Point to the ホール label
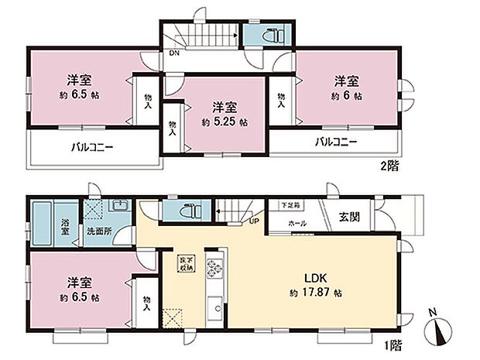297,224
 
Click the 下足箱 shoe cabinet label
288,205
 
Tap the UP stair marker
253,221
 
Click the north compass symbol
441,333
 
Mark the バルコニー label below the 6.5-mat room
92,147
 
